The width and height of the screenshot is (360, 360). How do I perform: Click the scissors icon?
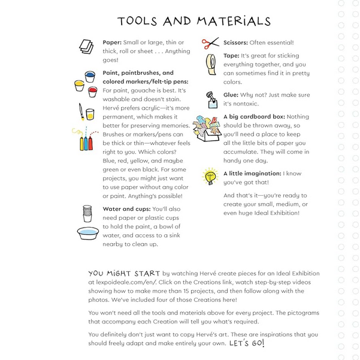(x=211, y=43)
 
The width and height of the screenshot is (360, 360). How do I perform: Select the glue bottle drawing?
(x=211, y=98)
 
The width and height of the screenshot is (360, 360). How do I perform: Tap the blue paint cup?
(x=90, y=77)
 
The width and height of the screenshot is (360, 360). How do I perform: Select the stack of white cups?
(x=87, y=213)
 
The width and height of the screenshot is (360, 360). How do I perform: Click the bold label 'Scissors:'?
(x=237, y=43)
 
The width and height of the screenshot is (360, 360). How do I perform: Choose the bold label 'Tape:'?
(x=231, y=55)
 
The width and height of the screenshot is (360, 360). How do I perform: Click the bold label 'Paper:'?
(x=112, y=43)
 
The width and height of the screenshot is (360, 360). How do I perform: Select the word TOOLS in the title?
(x=138, y=21)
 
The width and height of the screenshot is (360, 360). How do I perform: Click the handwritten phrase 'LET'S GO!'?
(x=246, y=344)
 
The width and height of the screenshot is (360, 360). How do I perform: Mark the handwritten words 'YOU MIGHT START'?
(x=124, y=271)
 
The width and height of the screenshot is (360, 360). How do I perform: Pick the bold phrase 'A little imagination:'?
(x=252, y=174)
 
